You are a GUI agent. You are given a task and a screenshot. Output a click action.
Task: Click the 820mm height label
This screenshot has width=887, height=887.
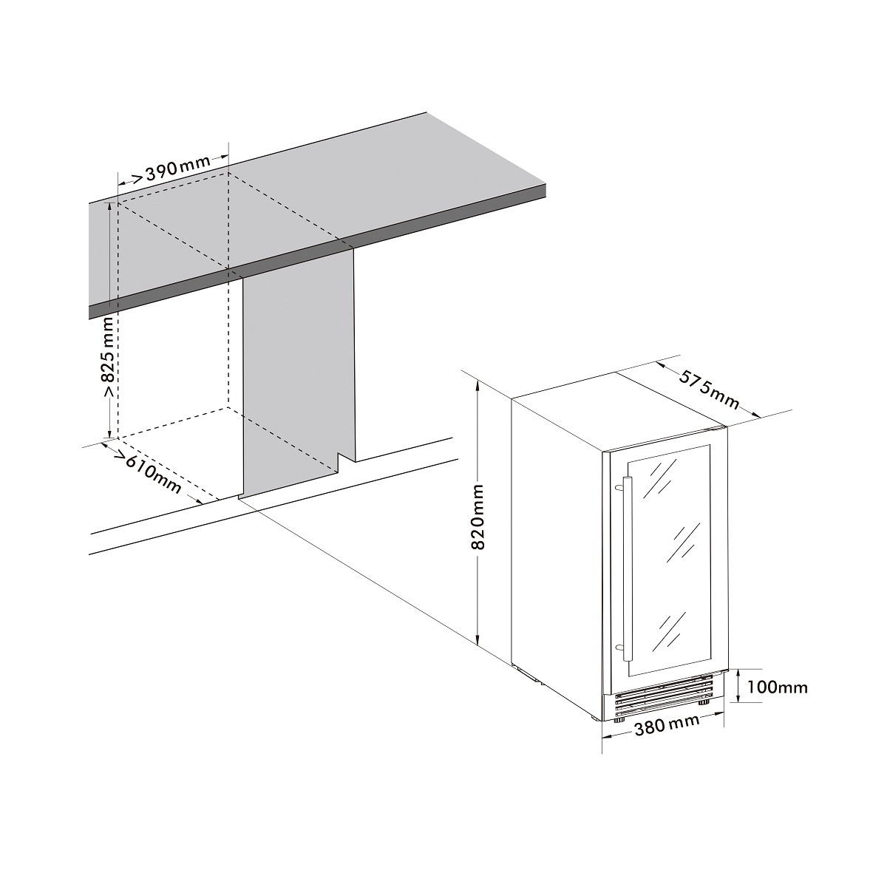pos(478,517)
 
